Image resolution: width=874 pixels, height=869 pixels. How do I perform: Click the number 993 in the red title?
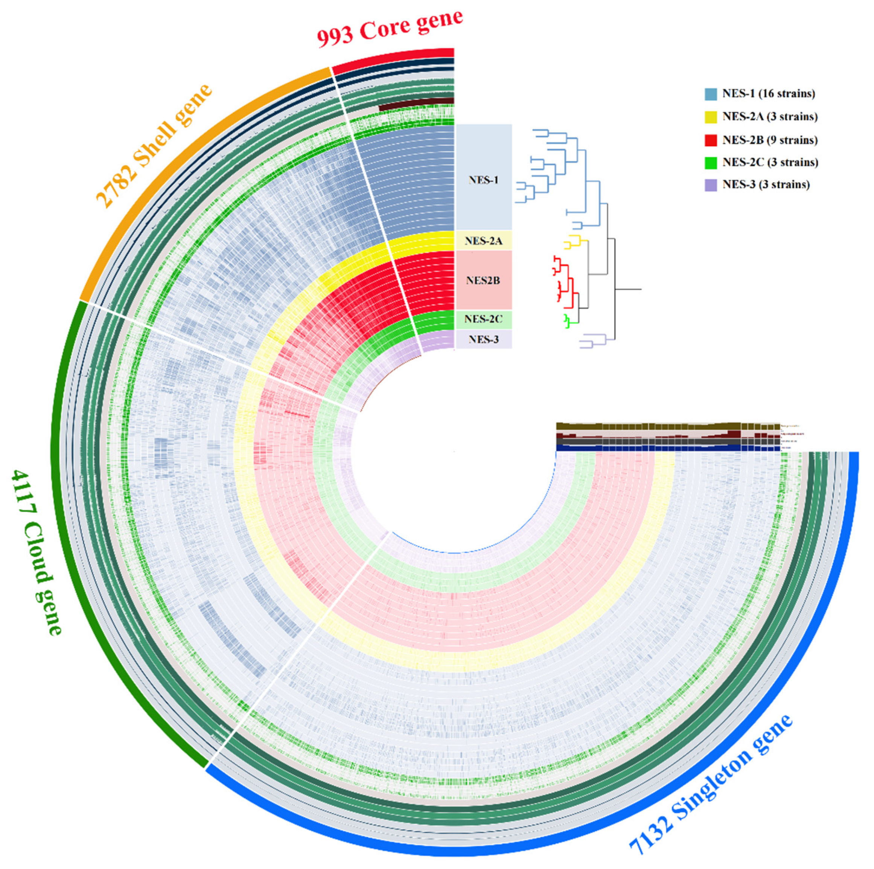[336, 37]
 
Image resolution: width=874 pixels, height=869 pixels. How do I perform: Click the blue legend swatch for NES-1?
[711, 94]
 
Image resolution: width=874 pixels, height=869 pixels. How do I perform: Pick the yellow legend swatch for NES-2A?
[711, 117]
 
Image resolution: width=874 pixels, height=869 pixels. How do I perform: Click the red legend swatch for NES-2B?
[711, 140]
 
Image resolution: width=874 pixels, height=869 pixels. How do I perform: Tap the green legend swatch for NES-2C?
[711, 163]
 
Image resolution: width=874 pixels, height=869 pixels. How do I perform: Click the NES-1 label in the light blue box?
[483, 180]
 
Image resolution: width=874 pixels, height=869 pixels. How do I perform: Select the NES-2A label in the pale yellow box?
[483, 241]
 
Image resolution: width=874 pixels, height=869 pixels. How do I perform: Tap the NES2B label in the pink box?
[483, 281]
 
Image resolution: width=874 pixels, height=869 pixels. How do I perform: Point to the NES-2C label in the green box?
[483, 319]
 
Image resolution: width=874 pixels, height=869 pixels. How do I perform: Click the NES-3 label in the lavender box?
[483, 339]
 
